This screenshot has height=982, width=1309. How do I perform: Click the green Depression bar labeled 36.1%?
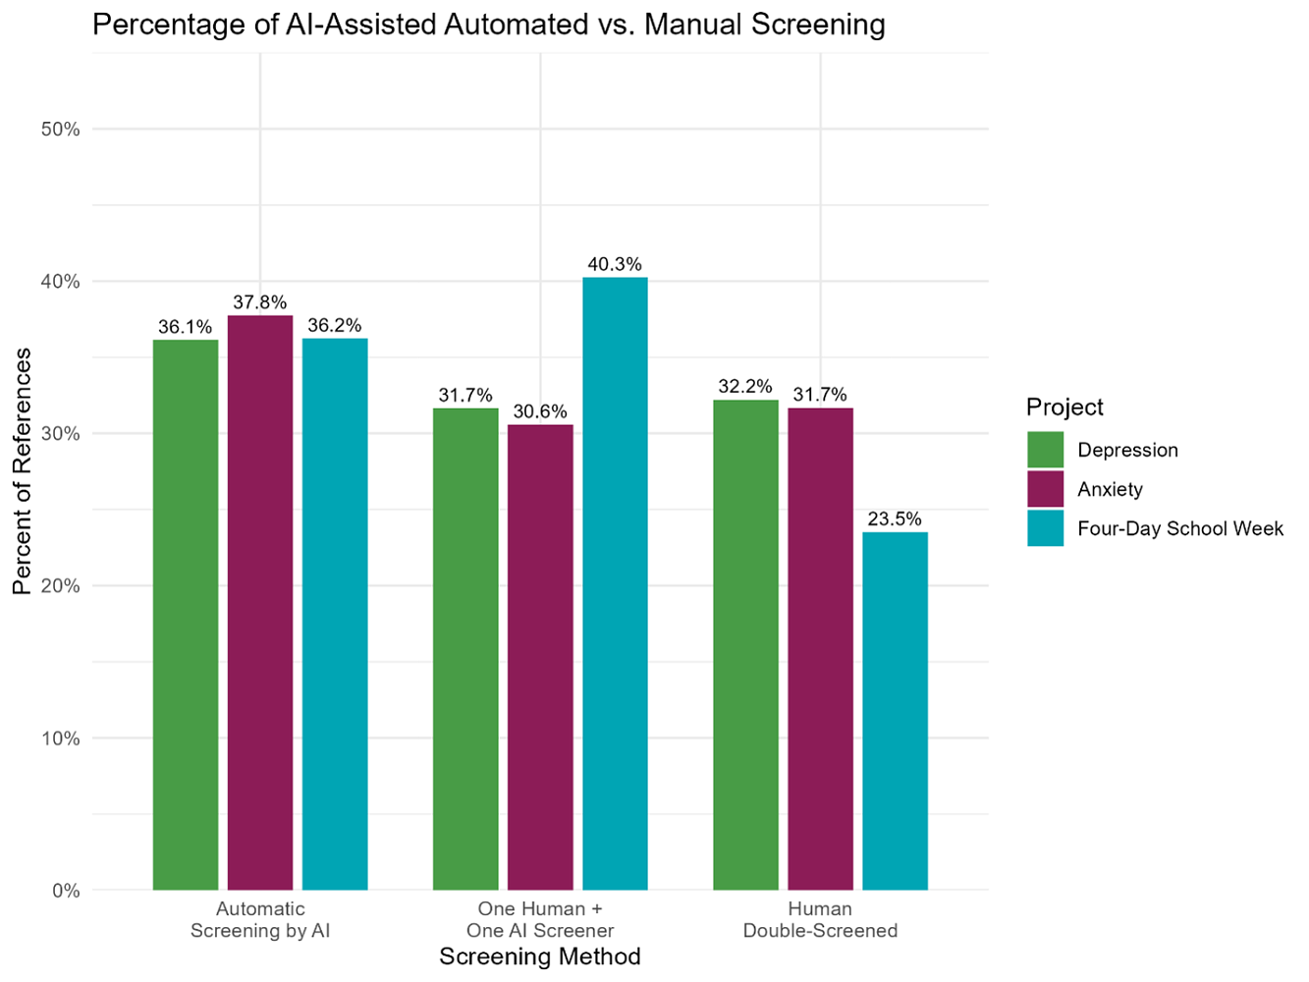(x=186, y=615)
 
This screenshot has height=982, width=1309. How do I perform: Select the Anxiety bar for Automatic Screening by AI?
(x=260, y=603)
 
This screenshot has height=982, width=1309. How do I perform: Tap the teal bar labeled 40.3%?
(x=615, y=583)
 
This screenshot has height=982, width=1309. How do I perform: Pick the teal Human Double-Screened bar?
(x=895, y=711)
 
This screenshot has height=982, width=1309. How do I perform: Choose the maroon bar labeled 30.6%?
(x=540, y=657)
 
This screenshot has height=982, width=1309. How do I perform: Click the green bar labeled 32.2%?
(x=745, y=645)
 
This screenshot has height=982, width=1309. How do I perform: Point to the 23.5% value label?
(x=895, y=519)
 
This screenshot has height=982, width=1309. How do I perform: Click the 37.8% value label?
(x=260, y=302)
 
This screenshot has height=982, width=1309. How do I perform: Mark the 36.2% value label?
(x=335, y=325)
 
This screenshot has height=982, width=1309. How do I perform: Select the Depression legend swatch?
(x=1045, y=450)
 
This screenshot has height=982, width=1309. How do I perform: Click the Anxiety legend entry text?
(x=1110, y=489)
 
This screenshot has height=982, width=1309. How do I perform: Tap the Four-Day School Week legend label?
(x=1179, y=528)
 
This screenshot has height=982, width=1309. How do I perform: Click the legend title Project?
(x=1064, y=407)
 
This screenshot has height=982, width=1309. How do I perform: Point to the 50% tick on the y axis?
(x=60, y=130)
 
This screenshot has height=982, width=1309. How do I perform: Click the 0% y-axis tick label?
(x=65, y=891)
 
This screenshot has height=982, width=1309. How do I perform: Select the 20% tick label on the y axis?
(x=60, y=586)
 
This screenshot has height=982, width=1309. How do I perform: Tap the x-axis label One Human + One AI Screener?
(x=540, y=920)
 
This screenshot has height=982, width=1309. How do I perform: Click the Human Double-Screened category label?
(x=820, y=920)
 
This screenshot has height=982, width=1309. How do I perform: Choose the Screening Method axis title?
(x=540, y=956)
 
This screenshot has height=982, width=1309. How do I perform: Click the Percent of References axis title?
(x=22, y=471)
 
